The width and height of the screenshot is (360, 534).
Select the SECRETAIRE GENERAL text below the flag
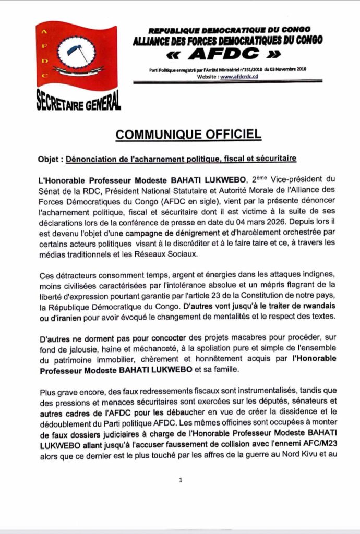coord(78,100)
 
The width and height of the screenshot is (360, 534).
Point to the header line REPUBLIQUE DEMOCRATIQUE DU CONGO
coord(230,31)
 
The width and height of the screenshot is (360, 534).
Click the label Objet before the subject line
coord(51,158)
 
